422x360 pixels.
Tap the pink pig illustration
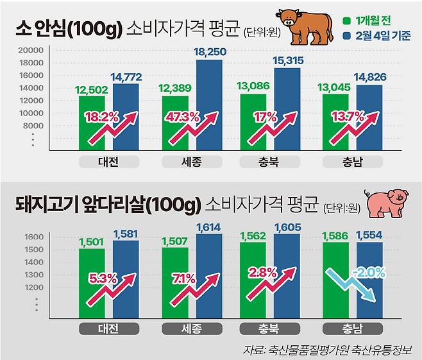pyautogui.click(x=385, y=203)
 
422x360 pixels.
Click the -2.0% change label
pyautogui.click(x=368, y=272)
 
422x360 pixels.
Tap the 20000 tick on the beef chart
pyautogui.click(x=30, y=51)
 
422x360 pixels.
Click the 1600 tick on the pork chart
pyautogui.click(x=33, y=237)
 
